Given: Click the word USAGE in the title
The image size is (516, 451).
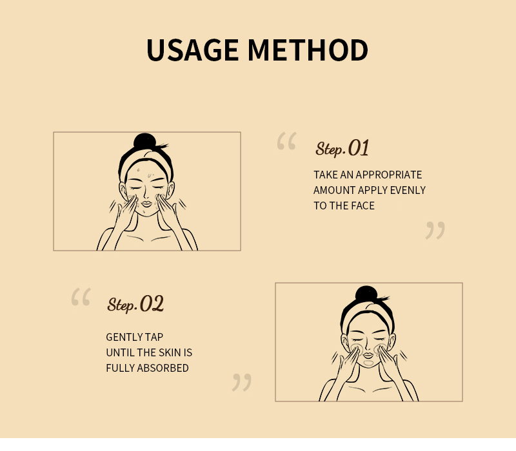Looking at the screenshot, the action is tap(192, 50).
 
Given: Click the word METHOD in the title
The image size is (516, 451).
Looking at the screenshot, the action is tap(308, 50).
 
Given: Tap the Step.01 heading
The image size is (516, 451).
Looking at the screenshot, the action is tap(342, 148).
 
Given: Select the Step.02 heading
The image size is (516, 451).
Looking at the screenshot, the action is tap(135, 303).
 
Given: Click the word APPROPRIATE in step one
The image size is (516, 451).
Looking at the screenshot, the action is tap(389, 175).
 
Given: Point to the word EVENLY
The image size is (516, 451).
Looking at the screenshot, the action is tap(408, 190).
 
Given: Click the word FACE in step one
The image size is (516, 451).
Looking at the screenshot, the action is tap(362, 206).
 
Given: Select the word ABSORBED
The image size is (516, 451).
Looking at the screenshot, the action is tap(163, 368).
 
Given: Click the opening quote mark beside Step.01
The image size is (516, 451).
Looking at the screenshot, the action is tap(286, 141).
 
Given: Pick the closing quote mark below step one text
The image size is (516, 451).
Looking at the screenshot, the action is tap(435, 230).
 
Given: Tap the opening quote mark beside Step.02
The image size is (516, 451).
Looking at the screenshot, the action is tap(81, 297).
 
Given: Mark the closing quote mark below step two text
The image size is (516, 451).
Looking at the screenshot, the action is tap(241, 382).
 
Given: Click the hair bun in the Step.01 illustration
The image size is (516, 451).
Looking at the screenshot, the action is tap(144, 141).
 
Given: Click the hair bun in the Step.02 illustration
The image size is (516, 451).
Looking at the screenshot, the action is tap(366, 294).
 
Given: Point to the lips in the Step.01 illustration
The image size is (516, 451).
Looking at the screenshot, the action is tap(146, 204).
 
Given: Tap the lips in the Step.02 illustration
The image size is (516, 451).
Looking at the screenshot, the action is tap(368, 356).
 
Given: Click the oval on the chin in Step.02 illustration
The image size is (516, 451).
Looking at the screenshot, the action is tap(368, 363).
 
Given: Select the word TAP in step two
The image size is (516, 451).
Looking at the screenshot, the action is tap(154, 337).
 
